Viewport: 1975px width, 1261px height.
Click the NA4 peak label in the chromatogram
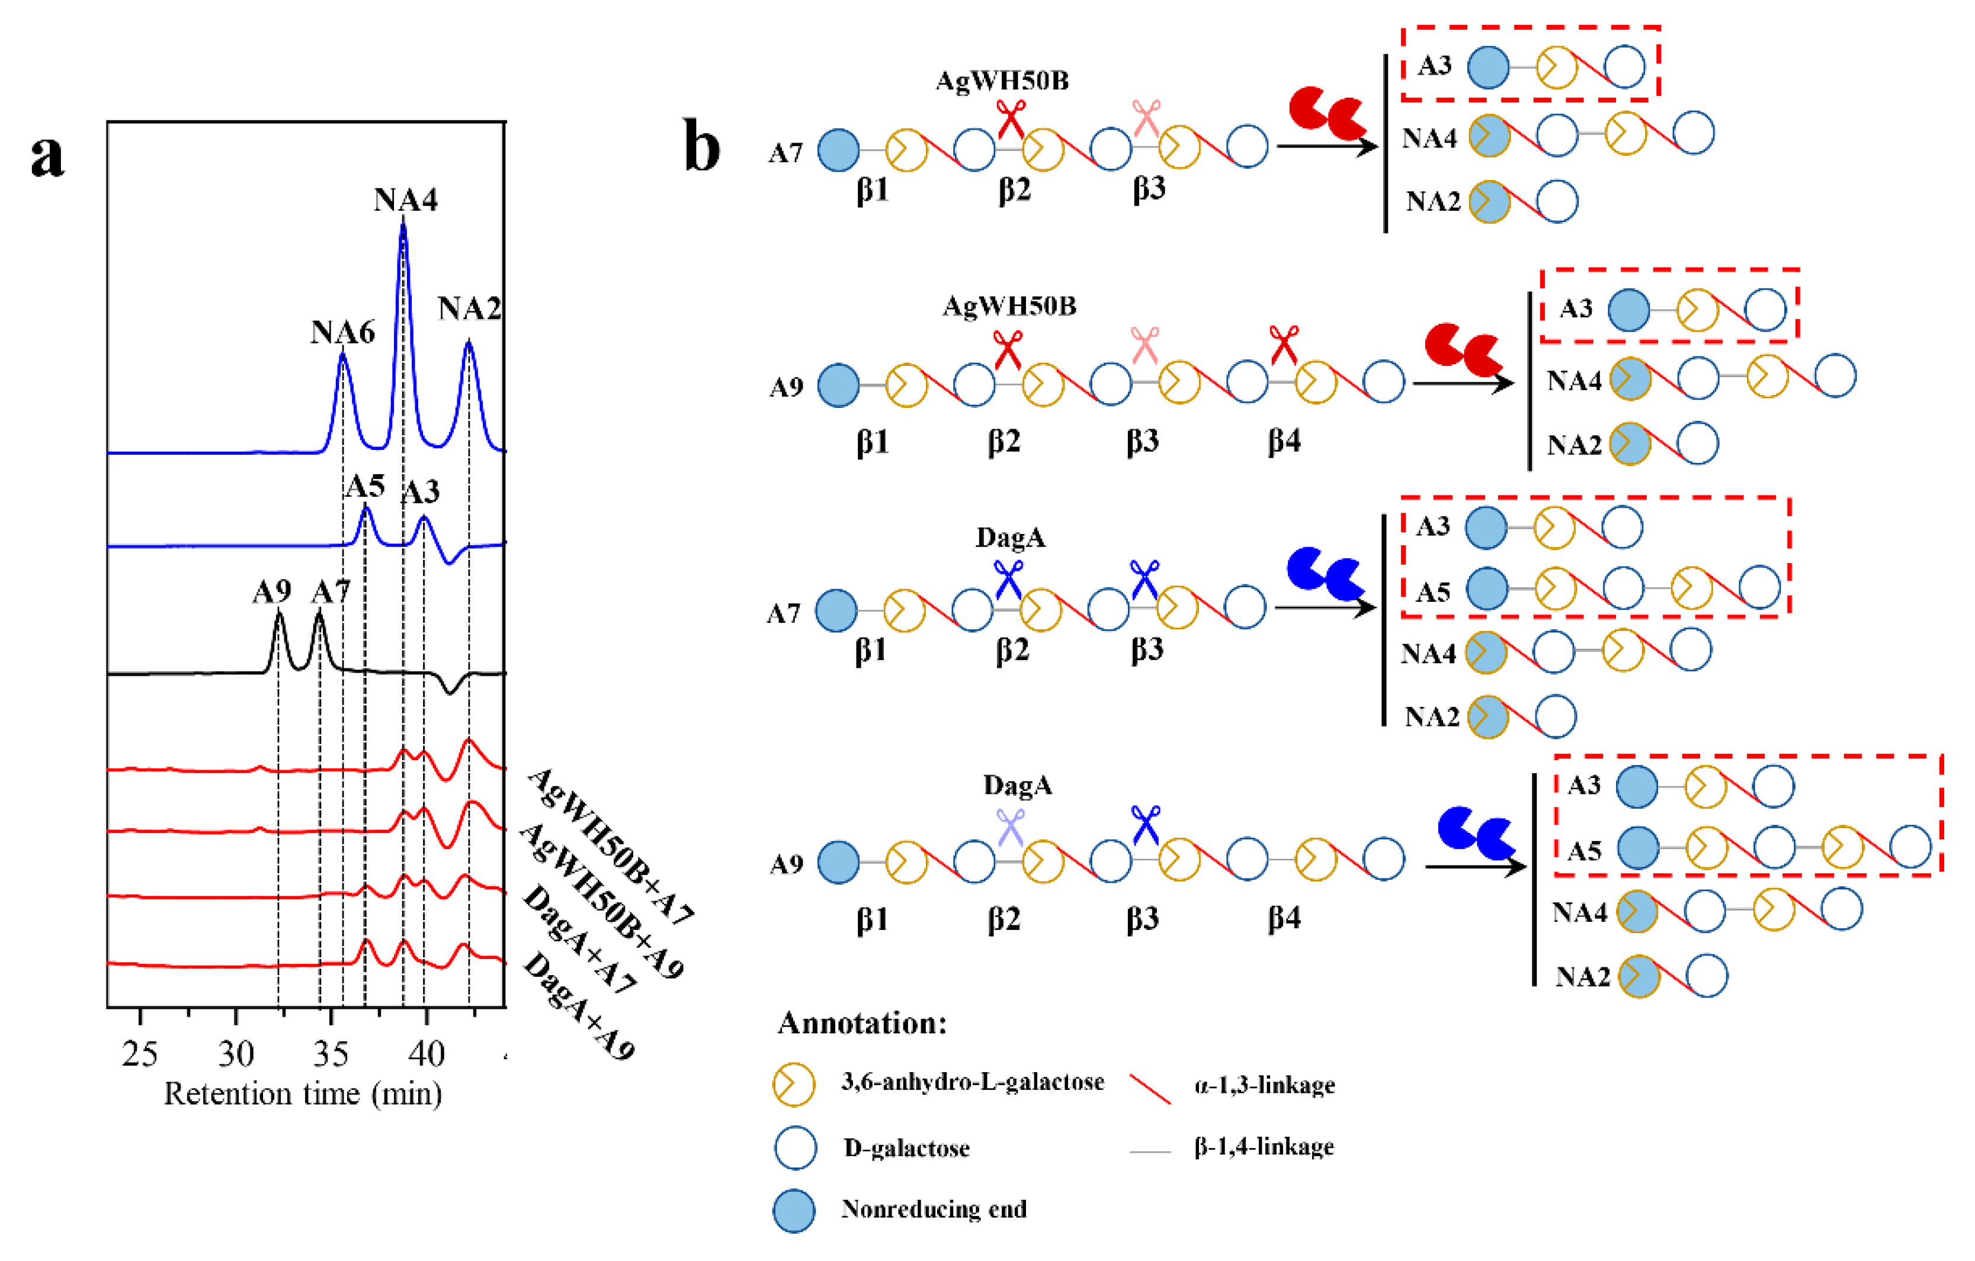[405, 200]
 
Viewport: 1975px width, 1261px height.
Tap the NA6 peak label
[342, 332]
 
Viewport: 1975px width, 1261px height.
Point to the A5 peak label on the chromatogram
[365, 486]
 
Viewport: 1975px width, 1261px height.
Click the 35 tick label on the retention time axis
[331, 1054]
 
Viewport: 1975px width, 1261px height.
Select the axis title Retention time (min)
[303, 1093]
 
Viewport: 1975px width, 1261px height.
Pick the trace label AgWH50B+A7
[610, 846]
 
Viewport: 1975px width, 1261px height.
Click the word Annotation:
[861, 1023]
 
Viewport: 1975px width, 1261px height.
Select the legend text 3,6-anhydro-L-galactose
[972, 1082]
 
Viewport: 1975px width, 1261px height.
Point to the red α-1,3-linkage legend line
[1150, 1088]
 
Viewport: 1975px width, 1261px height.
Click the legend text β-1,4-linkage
[1263, 1146]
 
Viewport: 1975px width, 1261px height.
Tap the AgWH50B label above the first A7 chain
[1002, 81]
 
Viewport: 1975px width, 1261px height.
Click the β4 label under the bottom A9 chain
[1284, 918]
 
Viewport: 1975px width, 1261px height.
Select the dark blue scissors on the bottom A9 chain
[1146, 825]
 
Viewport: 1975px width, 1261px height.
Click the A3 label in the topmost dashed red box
[1435, 66]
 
